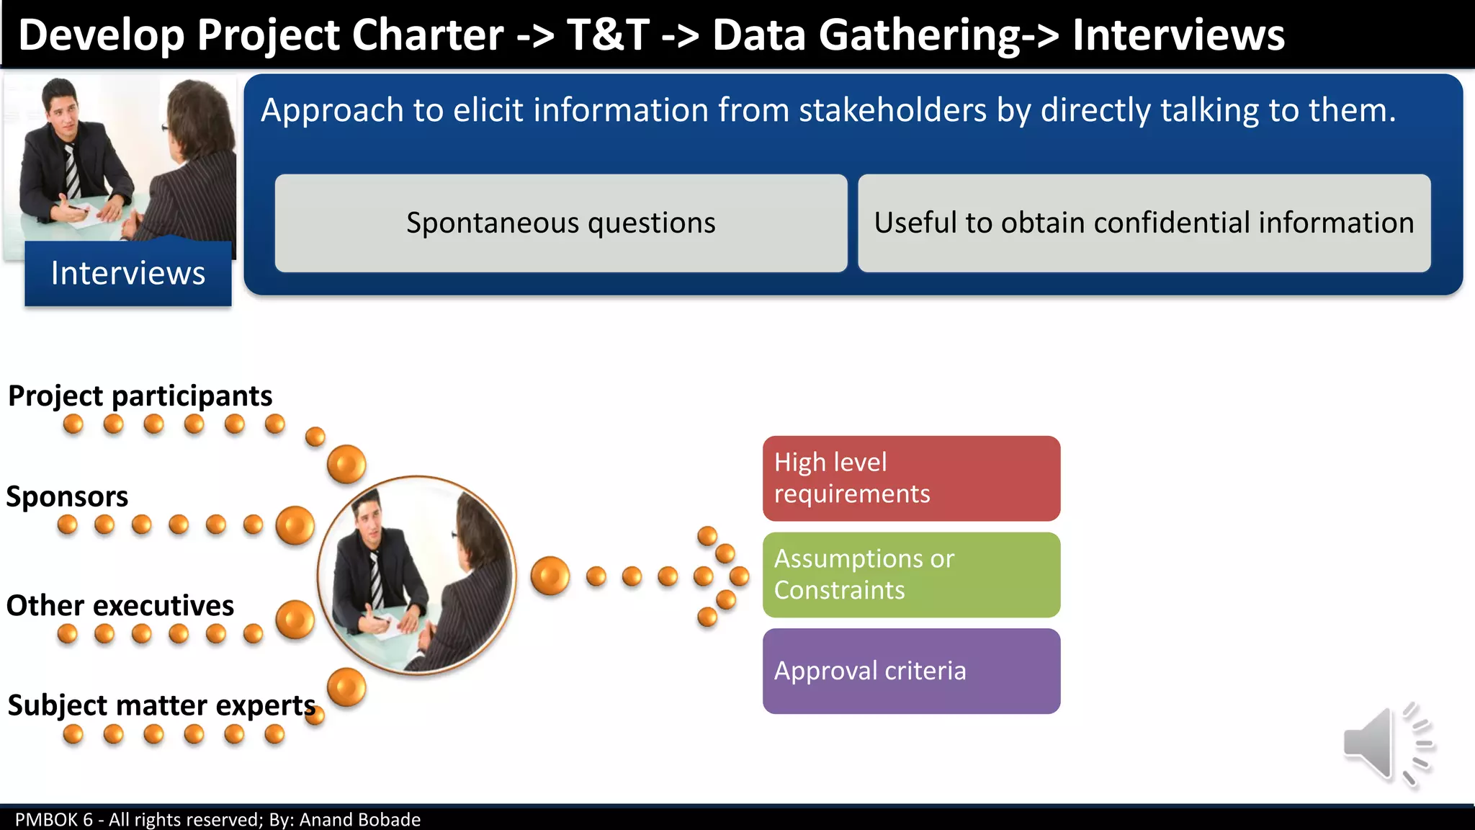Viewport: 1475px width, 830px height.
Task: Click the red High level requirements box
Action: [911, 478]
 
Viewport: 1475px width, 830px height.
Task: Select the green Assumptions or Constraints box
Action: [911, 575]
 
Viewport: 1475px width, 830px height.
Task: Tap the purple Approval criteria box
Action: [911, 671]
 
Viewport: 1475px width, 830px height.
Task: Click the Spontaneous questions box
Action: [560, 223]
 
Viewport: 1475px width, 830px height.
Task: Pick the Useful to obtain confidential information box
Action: [1144, 223]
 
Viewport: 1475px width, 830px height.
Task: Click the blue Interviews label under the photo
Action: [128, 274]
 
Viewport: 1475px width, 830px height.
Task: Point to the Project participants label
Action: [140, 396]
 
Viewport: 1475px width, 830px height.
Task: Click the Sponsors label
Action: [67, 497]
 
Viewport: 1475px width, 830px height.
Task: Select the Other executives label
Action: [120, 606]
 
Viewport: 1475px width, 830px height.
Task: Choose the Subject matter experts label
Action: [161, 705]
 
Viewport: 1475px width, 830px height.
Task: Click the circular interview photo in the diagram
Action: [417, 575]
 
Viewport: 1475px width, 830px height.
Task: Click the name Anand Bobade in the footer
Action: [359, 820]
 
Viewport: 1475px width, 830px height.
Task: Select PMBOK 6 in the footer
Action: [54, 820]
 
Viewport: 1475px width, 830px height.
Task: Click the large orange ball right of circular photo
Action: [550, 576]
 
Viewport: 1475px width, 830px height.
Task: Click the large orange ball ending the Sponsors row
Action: [295, 525]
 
